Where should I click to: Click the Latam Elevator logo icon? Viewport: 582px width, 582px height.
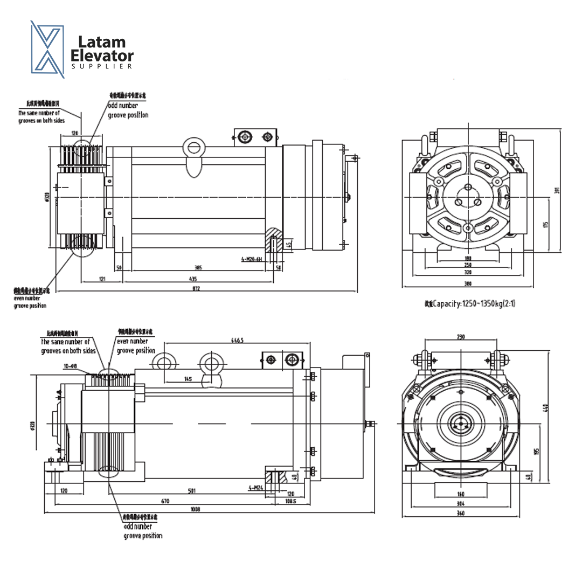[47, 49]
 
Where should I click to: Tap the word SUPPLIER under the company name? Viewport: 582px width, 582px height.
[102, 66]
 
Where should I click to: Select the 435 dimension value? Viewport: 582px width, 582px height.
[193, 279]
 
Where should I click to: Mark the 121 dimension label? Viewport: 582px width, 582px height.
[102, 279]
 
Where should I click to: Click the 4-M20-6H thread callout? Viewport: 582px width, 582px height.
[251, 259]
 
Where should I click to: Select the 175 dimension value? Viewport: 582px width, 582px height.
[545, 224]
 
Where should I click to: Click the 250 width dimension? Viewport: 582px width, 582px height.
[468, 265]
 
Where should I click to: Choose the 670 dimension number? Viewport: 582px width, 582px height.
[165, 501]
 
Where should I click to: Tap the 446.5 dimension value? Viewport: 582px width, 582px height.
[237, 341]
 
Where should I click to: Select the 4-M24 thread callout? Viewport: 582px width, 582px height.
[255, 488]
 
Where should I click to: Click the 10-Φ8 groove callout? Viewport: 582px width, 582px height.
[71, 365]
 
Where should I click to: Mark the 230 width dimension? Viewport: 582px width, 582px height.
[461, 337]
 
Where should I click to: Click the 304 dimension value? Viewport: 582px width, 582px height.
[461, 503]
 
